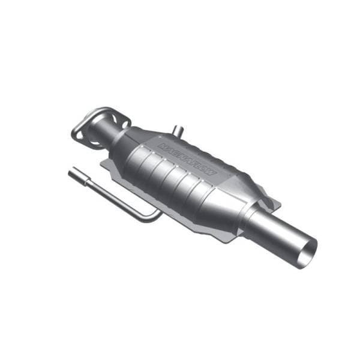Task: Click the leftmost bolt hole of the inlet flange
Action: click(77, 134)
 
